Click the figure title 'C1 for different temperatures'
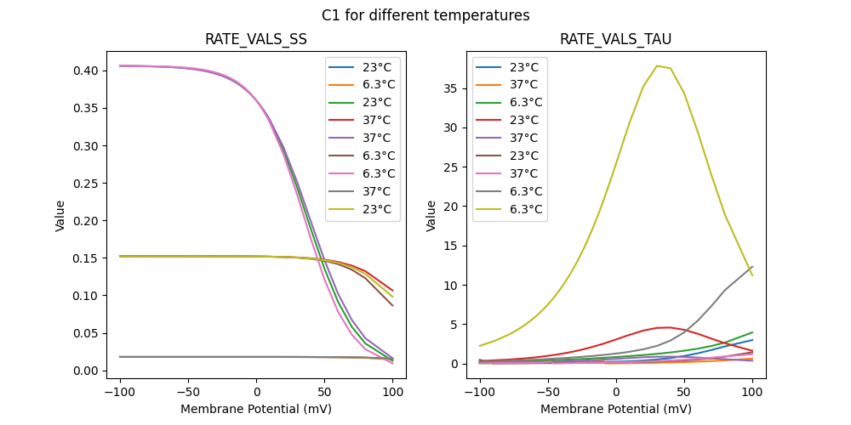point(425,15)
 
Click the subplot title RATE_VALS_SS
point(256,39)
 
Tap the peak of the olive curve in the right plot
point(657,66)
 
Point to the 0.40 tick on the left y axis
point(103,71)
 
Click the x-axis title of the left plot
point(256,409)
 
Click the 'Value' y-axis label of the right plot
point(431,216)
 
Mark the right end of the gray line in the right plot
point(752,267)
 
